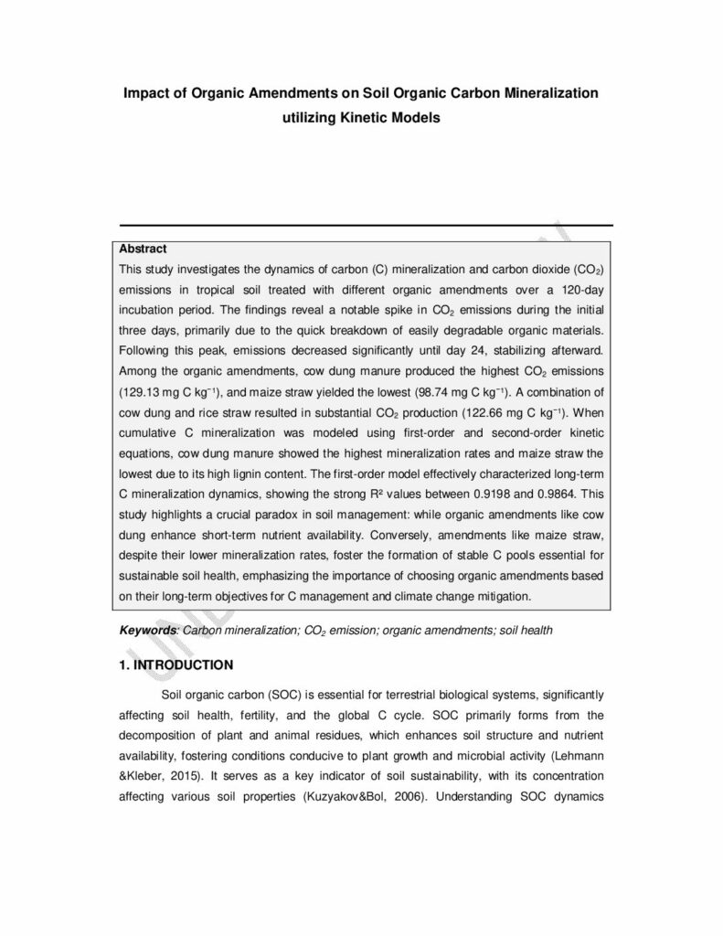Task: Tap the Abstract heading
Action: pos(144,249)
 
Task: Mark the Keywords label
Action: pos(148,631)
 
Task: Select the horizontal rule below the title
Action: pos(366,225)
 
